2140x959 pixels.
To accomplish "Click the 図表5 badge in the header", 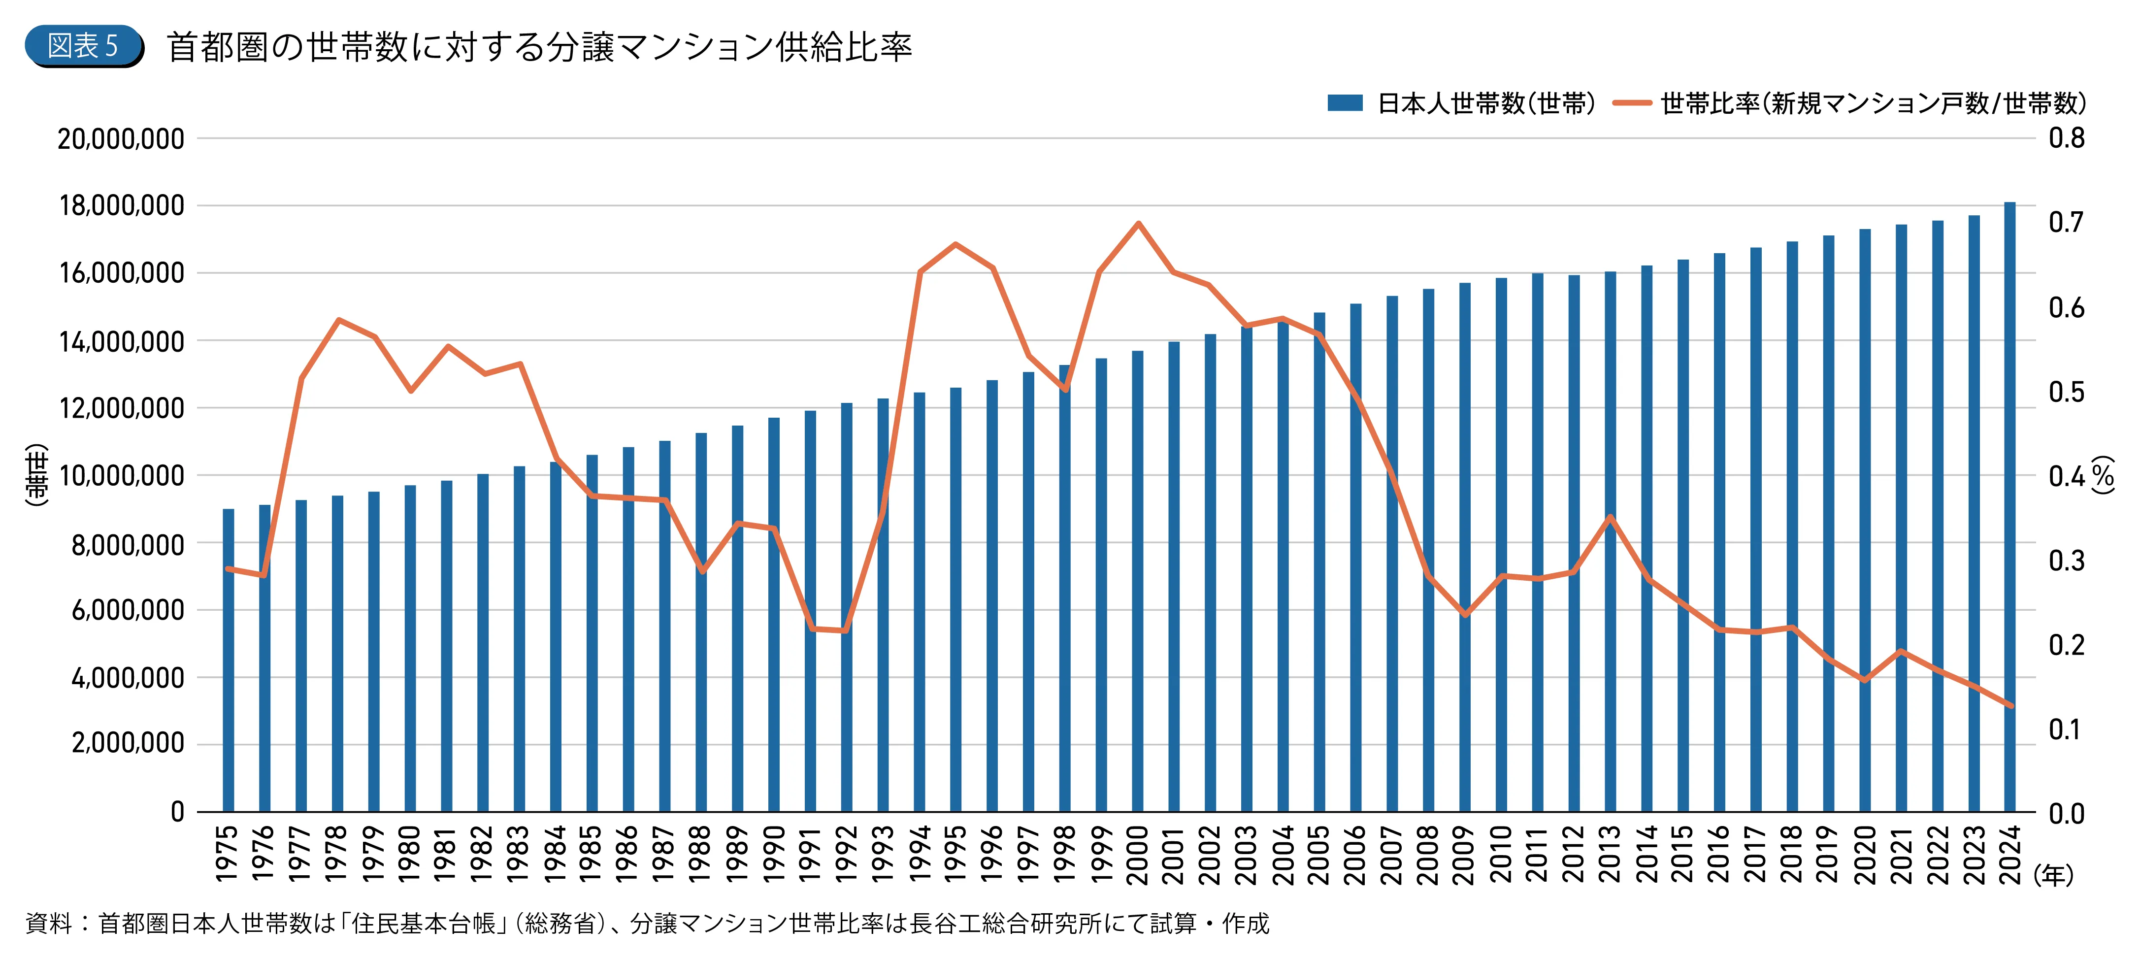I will point(83,46).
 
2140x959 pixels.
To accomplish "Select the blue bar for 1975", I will point(229,661).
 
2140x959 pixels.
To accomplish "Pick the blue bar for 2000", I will point(1137,582).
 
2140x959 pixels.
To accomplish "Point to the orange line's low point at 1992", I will point(846,631).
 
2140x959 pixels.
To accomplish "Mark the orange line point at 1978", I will point(338,319).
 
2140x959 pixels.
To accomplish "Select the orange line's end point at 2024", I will point(2010,705).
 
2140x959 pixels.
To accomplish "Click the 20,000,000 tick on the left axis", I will point(121,139).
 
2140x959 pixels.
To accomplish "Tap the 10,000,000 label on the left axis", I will point(121,476).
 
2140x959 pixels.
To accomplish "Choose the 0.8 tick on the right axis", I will point(2066,138).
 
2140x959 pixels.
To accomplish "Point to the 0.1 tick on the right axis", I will point(2066,729).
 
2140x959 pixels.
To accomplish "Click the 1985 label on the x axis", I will point(592,854).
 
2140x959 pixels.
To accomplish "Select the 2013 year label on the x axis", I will point(1610,854).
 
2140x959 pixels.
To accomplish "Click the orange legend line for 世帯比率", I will point(1632,103).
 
